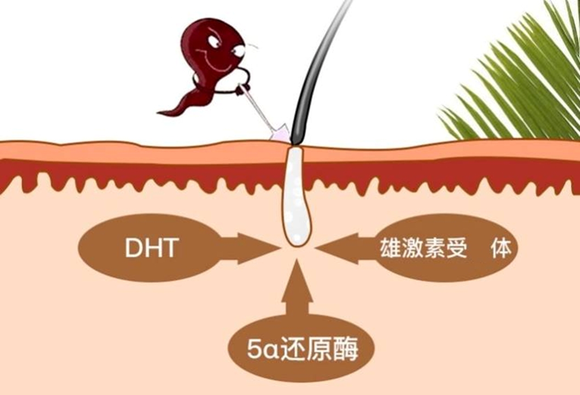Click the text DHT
click(x=152, y=249)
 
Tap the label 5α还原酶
click(x=302, y=350)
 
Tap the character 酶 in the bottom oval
click(x=356, y=350)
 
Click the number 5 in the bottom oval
click(x=256, y=350)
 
